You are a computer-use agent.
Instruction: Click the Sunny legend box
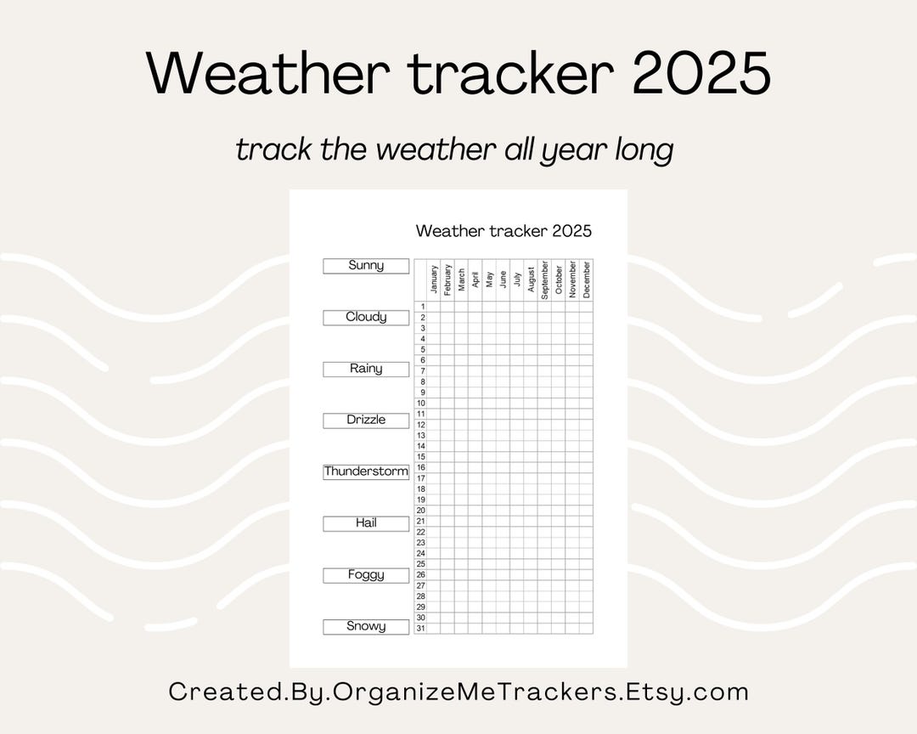tap(366, 266)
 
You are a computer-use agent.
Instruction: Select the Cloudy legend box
tap(366, 317)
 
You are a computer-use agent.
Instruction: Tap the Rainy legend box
tap(366, 369)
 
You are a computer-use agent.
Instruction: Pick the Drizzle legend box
tap(366, 420)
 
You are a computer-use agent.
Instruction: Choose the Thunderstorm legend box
tap(366, 471)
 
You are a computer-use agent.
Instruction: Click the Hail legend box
tap(366, 523)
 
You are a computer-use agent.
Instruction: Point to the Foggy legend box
tap(366, 575)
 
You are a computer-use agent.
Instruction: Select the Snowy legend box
tap(366, 626)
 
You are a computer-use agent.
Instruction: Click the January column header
tap(434, 280)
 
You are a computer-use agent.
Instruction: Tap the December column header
tap(586, 280)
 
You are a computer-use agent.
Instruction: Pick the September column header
tap(544, 280)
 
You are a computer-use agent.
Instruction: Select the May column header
tap(489, 280)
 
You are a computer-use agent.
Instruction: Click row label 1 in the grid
tap(420, 307)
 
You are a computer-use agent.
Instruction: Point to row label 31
tap(420, 629)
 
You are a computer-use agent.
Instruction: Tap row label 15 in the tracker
tap(420, 457)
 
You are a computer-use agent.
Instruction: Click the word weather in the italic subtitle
tap(436, 150)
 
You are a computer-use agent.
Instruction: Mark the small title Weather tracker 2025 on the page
tap(504, 231)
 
